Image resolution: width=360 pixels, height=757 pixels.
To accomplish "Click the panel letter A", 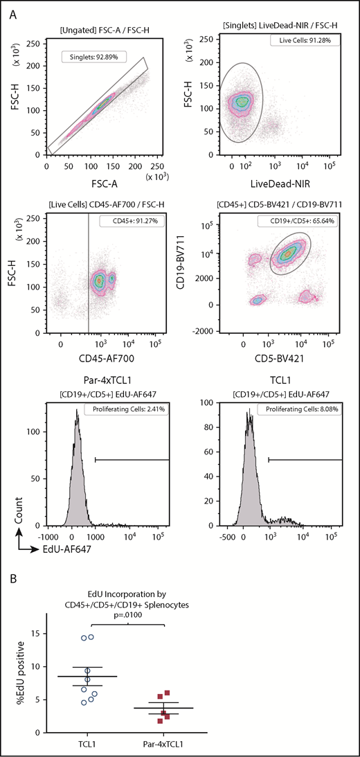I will [12, 12].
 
